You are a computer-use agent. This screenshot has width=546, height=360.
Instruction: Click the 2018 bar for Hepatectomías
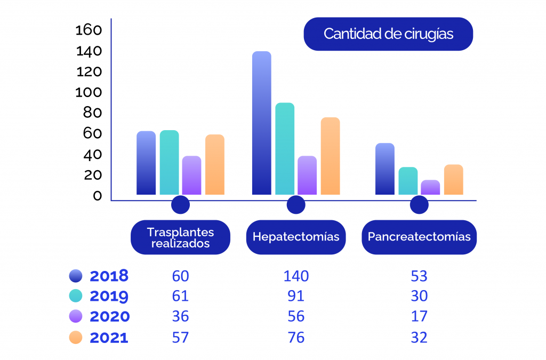261,123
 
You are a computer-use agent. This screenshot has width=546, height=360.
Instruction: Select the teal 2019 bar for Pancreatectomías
408,181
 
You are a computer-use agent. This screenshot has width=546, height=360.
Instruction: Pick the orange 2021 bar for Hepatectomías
330,156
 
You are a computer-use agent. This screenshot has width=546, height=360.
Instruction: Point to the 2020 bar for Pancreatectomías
430,187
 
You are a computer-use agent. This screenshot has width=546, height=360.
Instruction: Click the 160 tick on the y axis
89,30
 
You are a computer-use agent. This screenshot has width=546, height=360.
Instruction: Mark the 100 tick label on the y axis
89,92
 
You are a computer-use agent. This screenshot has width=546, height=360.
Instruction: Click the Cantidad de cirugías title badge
388,34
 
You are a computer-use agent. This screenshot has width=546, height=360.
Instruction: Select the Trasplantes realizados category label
180,238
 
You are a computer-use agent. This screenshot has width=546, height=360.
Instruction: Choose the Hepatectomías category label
296,237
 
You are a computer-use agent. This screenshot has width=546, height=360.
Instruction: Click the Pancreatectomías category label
419,237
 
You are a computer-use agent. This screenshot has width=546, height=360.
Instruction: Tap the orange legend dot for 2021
76,337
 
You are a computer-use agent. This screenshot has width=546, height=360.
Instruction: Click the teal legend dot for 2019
76,296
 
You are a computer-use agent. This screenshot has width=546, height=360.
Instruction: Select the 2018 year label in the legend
109,276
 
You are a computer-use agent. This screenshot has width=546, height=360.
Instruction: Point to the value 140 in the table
296,276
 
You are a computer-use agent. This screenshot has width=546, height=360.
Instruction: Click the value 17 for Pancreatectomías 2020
419,316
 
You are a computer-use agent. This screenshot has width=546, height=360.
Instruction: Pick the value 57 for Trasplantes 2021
180,337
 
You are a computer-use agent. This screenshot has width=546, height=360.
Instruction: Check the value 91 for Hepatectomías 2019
296,296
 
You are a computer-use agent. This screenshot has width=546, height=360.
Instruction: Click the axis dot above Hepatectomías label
295,205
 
